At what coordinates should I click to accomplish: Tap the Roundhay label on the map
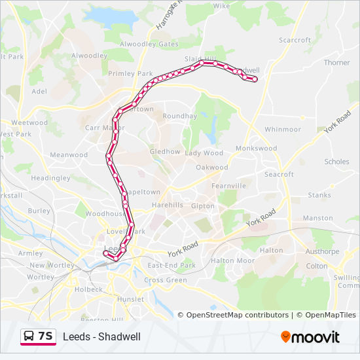180,116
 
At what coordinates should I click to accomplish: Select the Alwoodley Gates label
150,44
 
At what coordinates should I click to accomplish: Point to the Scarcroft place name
295,40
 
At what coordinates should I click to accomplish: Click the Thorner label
337,63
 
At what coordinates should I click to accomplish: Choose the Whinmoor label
283,130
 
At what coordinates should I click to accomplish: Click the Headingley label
50,178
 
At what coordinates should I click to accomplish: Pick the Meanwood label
69,155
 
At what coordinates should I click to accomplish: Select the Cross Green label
166,280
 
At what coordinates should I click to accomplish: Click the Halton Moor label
232,261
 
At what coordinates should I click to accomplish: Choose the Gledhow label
165,152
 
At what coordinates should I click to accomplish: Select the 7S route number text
45,336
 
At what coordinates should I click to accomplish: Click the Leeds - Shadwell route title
101,337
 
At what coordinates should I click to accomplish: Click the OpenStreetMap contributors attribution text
238,315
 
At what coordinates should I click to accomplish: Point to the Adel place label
39,92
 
